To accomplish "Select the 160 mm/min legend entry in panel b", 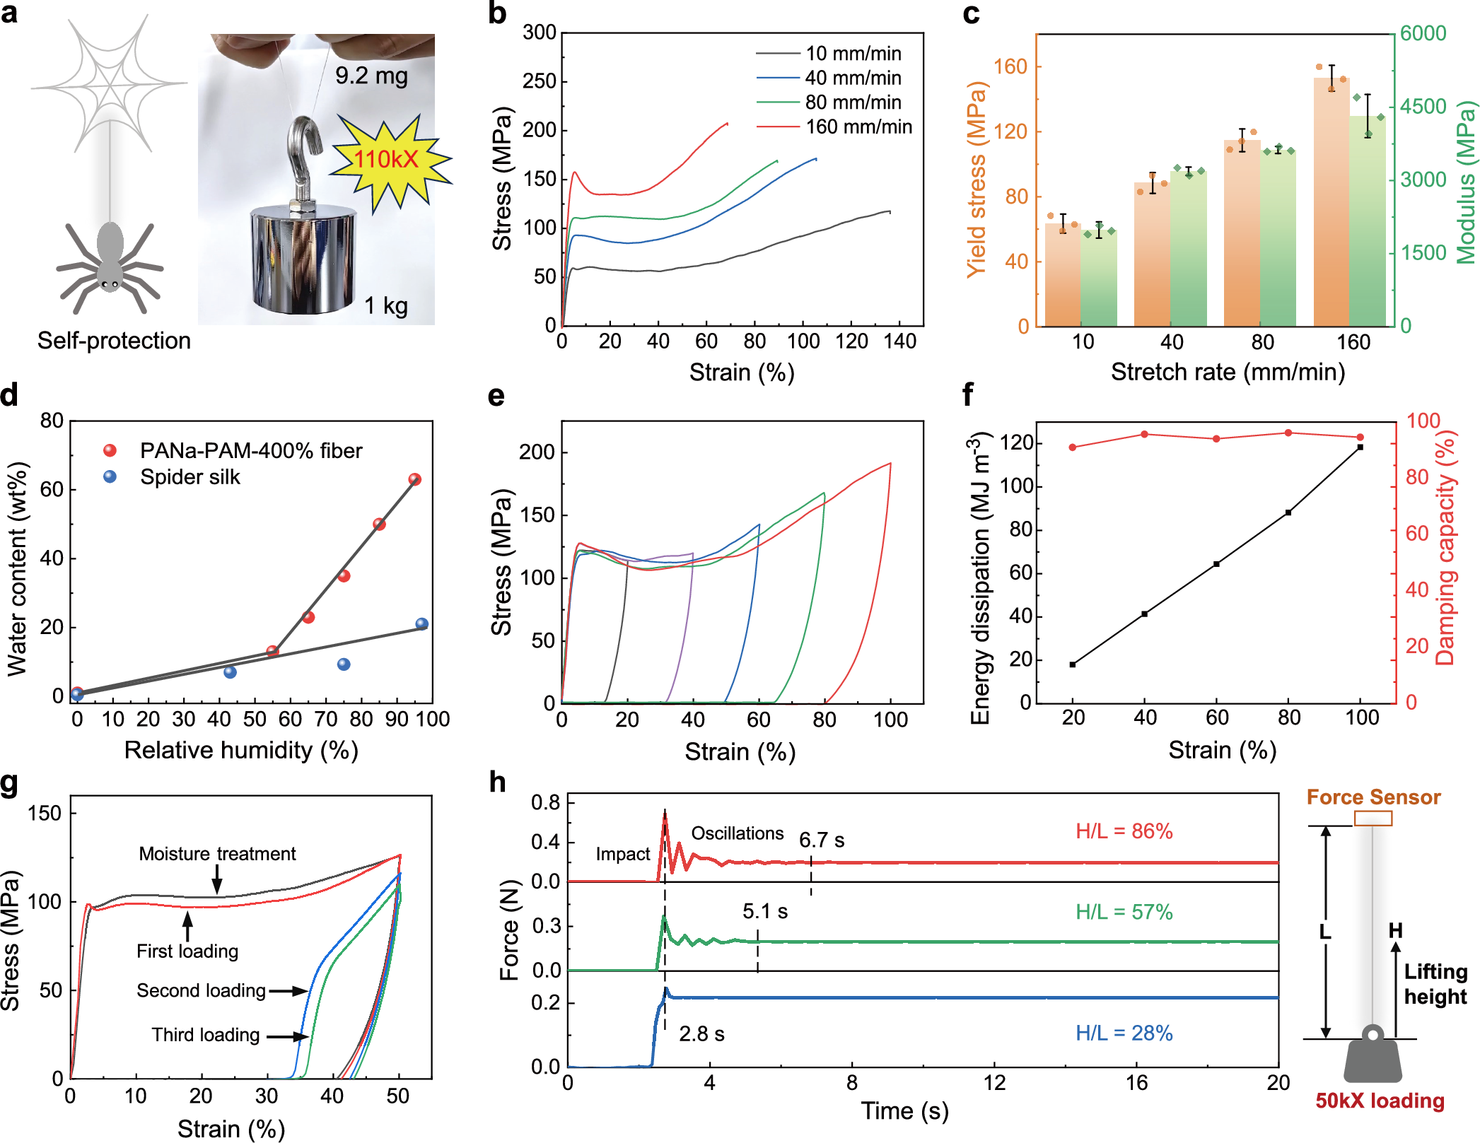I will pos(834,127).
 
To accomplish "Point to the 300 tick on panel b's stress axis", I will pos(540,33).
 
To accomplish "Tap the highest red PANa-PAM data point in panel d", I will pos(415,479).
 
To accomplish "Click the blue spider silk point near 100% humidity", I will pos(422,623).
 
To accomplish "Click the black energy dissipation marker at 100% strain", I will pos(1360,447).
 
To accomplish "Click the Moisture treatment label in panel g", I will pos(217,854).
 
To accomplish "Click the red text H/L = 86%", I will pos(1124,831).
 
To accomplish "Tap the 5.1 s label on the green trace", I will pos(765,912).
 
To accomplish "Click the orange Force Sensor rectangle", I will pos(1373,819).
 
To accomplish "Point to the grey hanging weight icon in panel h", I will pos(1373,1056).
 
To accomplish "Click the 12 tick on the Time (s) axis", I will pos(994,1083).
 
